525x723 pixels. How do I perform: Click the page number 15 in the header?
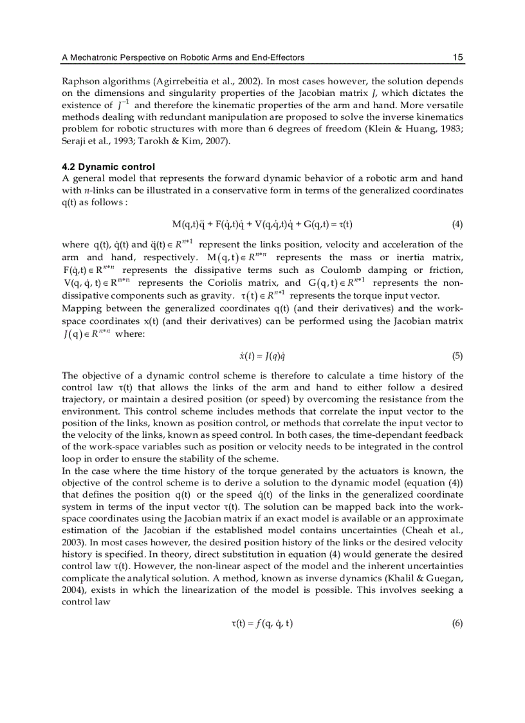pos(457,57)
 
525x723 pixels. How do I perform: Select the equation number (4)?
pos(457,224)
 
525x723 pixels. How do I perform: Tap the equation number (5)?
pos(457,355)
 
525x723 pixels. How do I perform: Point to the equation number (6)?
pos(457,624)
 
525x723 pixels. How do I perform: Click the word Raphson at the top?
pos(78,81)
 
